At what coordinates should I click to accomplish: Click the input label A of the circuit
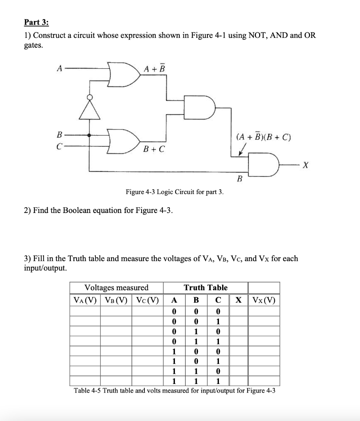(60, 69)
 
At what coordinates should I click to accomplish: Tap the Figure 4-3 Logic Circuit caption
(175, 192)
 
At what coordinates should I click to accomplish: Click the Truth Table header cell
(205, 288)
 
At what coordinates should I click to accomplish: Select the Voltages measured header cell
(116, 288)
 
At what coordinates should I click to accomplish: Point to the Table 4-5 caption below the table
(175, 390)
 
